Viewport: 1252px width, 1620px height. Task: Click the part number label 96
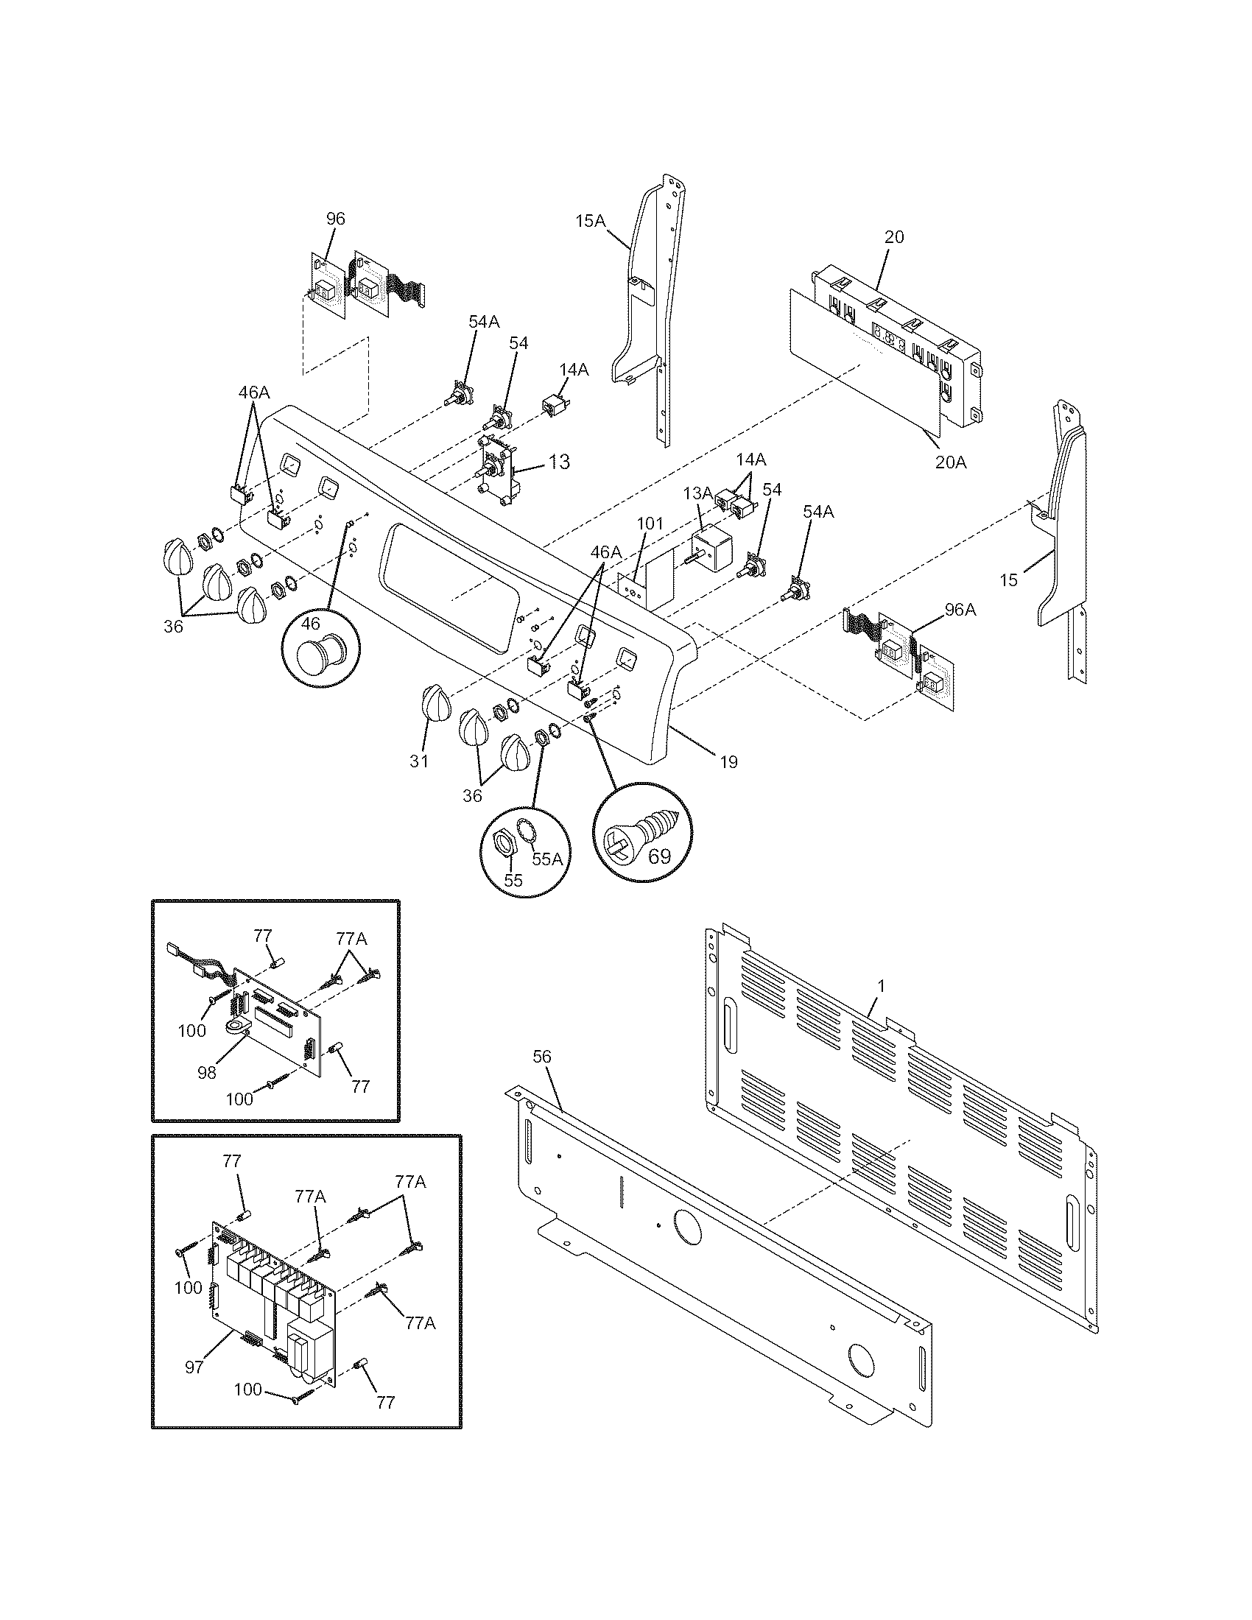coord(335,219)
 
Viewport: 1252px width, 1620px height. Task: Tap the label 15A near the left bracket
coord(591,220)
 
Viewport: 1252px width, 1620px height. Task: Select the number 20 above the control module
coord(894,236)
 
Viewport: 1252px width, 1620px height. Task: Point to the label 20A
coord(950,462)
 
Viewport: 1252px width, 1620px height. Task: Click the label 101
coord(650,523)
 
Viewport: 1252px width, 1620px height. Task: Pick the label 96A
coord(960,610)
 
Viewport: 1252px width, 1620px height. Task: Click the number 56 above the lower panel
coord(542,1057)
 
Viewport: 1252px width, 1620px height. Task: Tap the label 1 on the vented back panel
coord(880,987)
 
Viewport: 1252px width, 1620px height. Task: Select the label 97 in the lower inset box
coord(194,1367)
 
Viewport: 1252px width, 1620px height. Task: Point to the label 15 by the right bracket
coord(1009,580)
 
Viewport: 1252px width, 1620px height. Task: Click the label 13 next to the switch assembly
coord(559,462)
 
